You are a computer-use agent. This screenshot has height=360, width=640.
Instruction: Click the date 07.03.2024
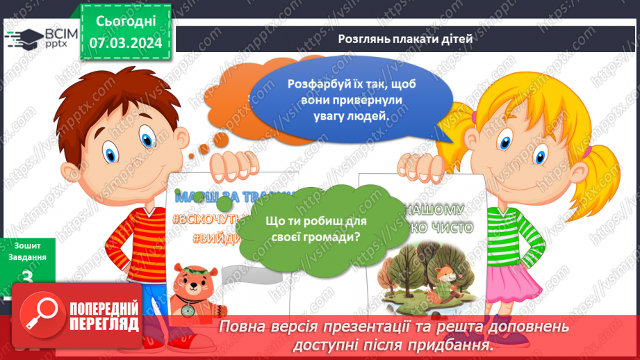pos(125,43)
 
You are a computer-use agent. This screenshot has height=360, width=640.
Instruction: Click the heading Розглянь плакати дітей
pos(406,39)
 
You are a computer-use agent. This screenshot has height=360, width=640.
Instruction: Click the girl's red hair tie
pos(587,149)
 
